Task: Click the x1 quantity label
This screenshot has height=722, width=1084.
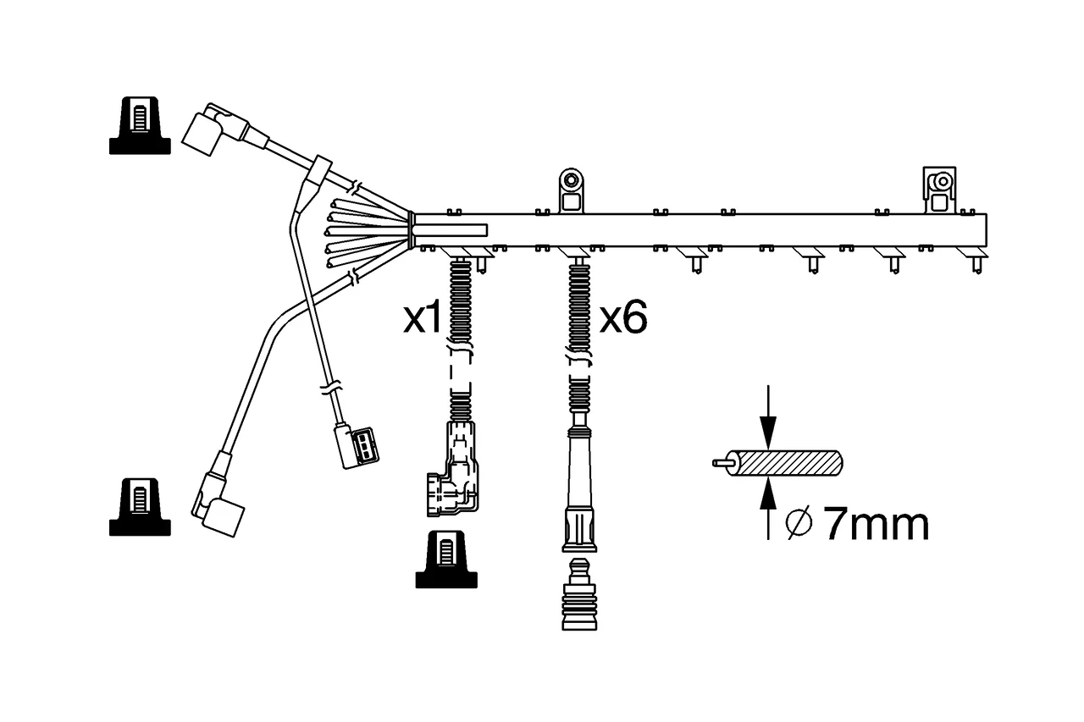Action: (423, 318)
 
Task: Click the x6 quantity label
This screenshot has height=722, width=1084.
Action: (623, 318)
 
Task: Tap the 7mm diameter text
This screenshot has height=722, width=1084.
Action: (876, 524)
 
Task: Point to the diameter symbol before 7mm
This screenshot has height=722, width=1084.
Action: (799, 523)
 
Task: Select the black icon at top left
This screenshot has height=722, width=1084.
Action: (140, 125)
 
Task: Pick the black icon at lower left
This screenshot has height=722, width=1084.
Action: (140, 507)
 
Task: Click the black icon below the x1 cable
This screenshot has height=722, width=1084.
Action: (446, 559)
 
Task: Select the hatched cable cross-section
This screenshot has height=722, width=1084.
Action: (784, 463)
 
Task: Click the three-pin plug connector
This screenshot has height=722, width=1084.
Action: (357, 446)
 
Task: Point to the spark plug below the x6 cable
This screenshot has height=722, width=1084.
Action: (579, 594)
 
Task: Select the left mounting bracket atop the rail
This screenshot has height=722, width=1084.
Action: (571, 191)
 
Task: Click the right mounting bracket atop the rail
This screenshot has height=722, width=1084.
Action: (939, 190)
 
